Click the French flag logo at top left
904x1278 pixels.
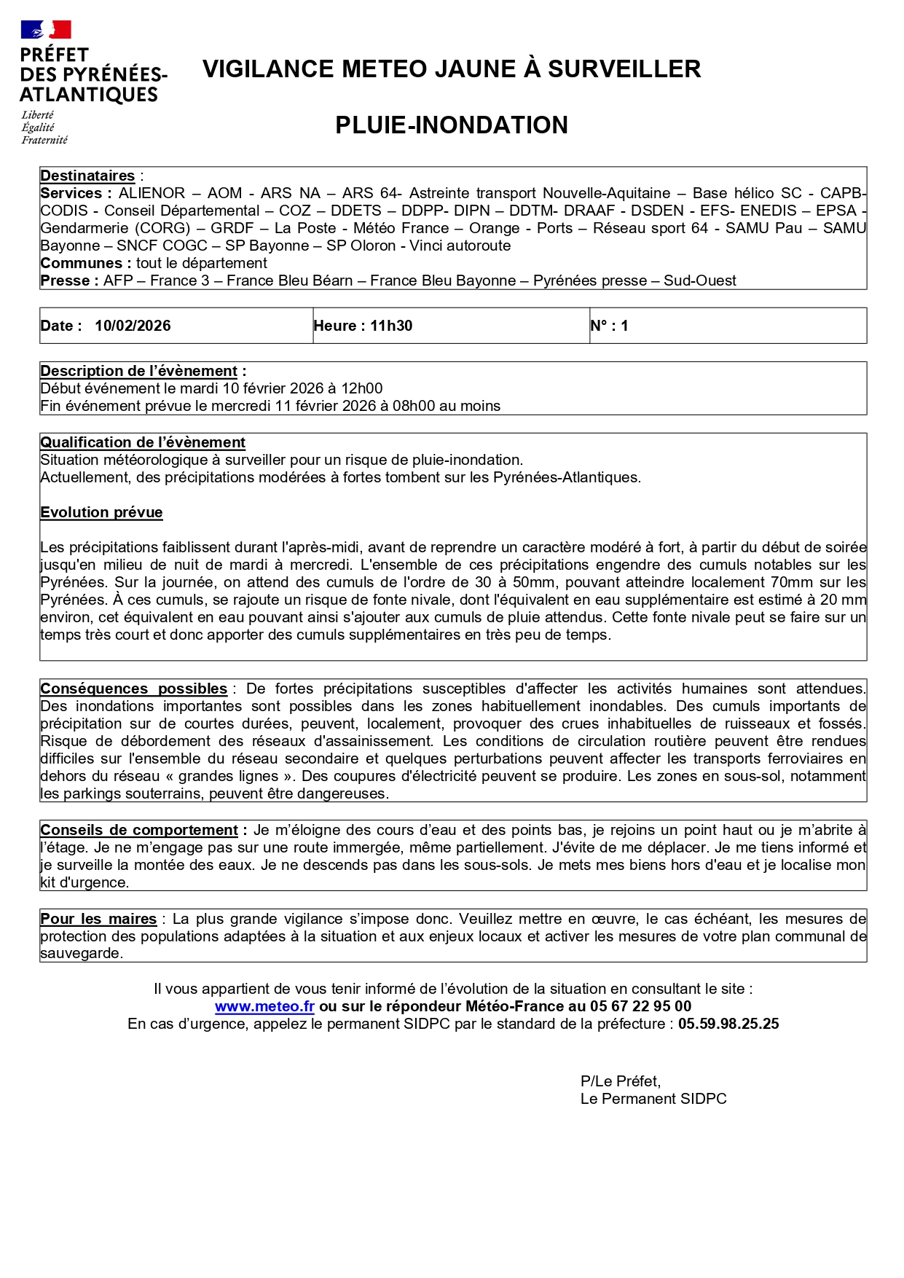pos(46,30)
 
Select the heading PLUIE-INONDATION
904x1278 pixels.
pos(451,125)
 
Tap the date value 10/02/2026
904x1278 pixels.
pos(133,326)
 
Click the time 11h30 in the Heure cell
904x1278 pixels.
pos(391,326)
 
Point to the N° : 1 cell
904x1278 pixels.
pos(609,326)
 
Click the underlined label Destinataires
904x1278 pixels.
pos(87,176)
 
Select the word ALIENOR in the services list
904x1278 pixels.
pos(152,194)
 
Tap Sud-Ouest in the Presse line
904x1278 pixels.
pos(699,281)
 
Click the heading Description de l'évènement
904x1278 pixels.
pos(139,372)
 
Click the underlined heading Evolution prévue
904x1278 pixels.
pos(101,513)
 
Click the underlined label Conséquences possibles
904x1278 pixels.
pos(134,689)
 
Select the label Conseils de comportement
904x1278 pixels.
pos(139,831)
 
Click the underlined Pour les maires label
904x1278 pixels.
pos(98,920)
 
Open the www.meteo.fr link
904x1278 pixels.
pos(264,1007)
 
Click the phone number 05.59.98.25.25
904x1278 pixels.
pos(728,1024)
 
